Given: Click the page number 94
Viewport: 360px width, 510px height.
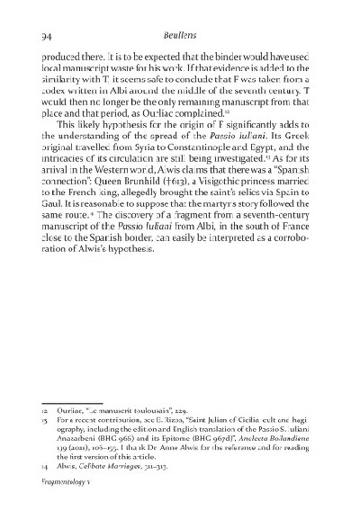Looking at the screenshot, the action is pyautogui.click(x=25, y=37).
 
